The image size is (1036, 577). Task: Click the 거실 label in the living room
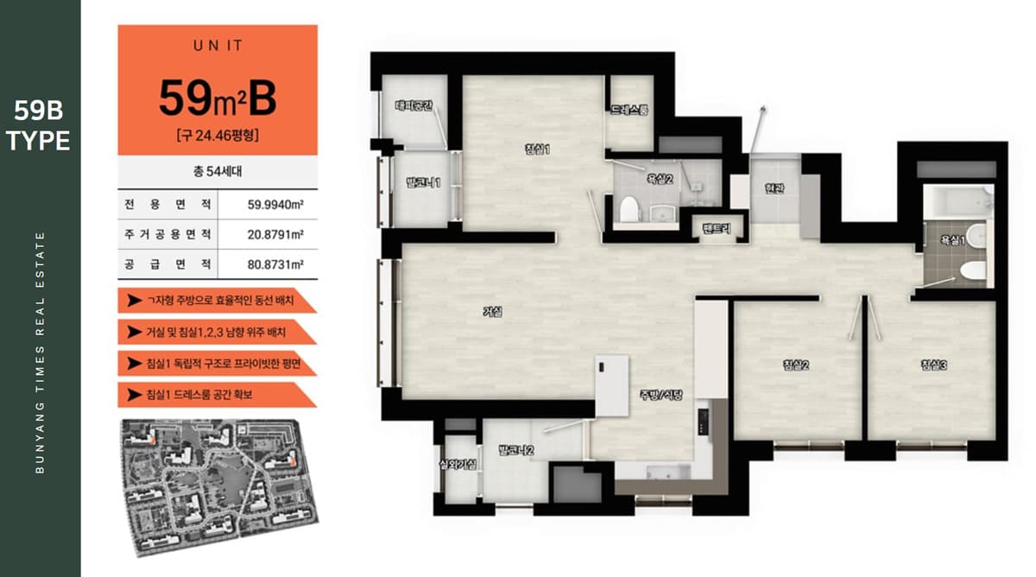click(x=493, y=312)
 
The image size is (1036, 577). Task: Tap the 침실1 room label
click(x=537, y=149)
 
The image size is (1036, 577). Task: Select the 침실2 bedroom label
click(x=796, y=365)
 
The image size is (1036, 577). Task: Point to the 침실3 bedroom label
click(x=934, y=365)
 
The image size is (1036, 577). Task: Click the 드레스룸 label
click(x=629, y=110)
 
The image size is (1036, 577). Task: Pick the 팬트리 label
click(x=717, y=228)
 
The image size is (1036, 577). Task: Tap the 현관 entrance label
click(x=774, y=187)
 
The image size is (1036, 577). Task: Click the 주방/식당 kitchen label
click(x=661, y=395)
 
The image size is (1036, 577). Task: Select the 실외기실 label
click(x=458, y=464)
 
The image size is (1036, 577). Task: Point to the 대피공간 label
click(x=414, y=105)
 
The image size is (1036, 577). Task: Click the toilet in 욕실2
click(x=629, y=209)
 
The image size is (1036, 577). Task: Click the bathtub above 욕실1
click(x=958, y=200)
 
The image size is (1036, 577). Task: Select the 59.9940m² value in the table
click(x=275, y=205)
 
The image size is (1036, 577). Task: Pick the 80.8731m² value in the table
click(x=275, y=264)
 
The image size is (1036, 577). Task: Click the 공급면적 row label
click(x=167, y=264)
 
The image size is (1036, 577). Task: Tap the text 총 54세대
click(x=218, y=172)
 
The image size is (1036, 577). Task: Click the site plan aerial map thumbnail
click(x=220, y=488)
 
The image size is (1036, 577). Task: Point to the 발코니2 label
click(x=516, y=450)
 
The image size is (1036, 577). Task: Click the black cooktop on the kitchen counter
click(x=703, y=422)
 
